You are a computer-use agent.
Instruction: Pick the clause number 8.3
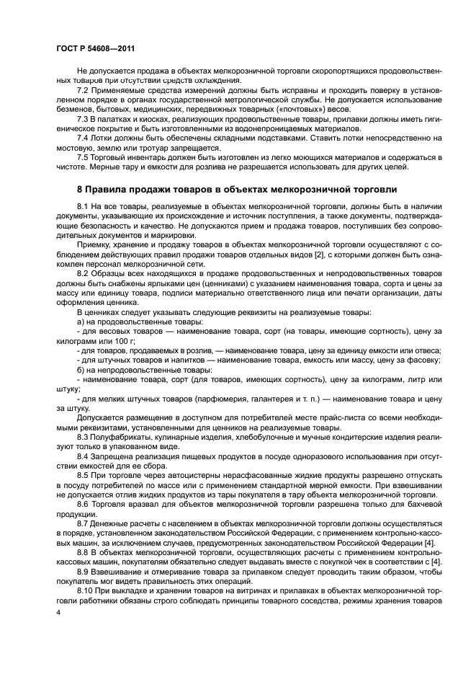(84, 437)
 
